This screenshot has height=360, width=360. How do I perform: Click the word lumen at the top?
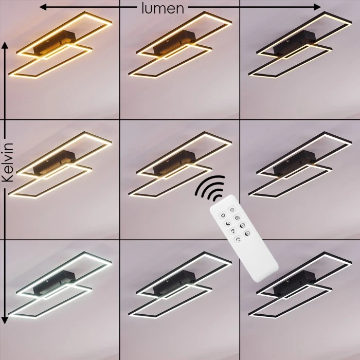(x=163, y=8)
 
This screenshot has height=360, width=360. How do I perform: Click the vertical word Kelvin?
(x=8, y=163)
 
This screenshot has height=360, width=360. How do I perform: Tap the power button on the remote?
(x=223, y=215)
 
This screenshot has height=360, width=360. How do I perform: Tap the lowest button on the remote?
(x=239, y=240)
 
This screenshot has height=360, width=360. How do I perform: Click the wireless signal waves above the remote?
(x=209, y=187)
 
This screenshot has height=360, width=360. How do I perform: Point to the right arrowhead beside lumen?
(x=317, y=7)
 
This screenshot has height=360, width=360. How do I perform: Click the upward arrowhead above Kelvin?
(x=5, y=46)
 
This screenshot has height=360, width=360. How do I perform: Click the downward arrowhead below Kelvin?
(x=5, y=320)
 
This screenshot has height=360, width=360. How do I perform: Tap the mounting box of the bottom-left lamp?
(x=55, y=283)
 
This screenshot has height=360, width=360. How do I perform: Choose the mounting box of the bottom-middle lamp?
(x=174, y=283)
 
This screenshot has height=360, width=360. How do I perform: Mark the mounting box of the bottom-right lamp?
(x=295, y=283)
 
